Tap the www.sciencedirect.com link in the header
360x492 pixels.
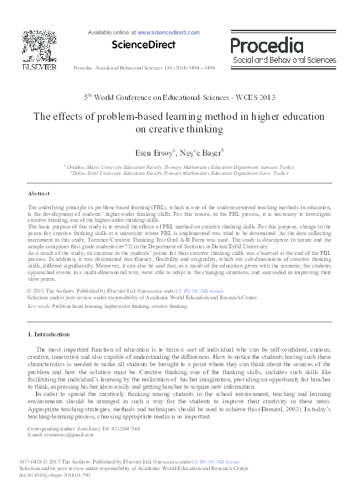pyautogui.click(x=168, y=32)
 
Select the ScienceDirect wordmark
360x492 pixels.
pyautogui.click(x=144, y=45)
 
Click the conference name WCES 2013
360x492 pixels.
pyautogui.click(x=254, y=97)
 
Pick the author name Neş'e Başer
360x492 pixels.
pyautogui.click(x=204, y=151)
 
